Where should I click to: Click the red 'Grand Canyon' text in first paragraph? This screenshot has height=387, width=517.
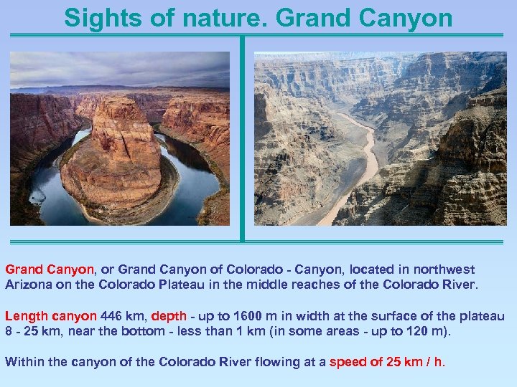pyautogui.click(x=50, y=269)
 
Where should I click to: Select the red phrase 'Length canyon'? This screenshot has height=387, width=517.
pyautogui.click(x=50, y=316)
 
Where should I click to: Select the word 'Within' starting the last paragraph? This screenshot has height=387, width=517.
pyautogui.click(x=23, y=362)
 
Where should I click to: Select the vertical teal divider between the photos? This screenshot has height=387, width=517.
pyautogui.click(x=243, y=136)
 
